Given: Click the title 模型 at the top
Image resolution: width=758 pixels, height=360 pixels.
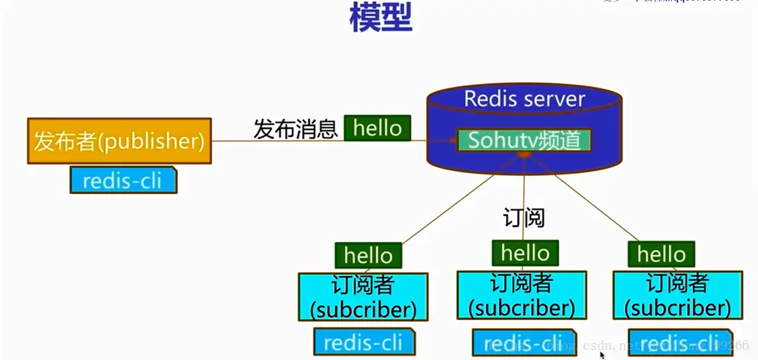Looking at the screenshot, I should point(381,17).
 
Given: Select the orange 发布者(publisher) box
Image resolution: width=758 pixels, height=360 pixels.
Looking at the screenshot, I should point(119,141).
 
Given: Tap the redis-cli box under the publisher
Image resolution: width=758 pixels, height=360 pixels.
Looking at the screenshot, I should point(123,180).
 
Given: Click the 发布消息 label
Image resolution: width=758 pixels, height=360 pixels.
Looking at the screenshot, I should point(295,129).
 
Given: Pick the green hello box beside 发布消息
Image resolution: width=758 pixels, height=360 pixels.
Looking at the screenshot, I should point(377,128).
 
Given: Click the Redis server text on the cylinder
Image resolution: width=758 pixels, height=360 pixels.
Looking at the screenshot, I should point(524,99).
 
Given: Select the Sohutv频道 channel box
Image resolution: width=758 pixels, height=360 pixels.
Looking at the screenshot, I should point(524,140).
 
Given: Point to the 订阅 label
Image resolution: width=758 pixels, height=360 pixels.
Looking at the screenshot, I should point(523,217).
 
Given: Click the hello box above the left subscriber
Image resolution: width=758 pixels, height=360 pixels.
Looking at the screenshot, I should point(368,255).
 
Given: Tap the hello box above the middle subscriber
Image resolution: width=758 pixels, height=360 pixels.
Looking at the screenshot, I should point(525,253).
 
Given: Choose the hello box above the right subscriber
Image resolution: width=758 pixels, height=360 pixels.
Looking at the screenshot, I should point(661,254).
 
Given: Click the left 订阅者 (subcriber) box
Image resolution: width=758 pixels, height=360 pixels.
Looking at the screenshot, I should point(363,296).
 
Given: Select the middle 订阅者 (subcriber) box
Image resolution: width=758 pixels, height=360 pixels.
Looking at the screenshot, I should point(521,295).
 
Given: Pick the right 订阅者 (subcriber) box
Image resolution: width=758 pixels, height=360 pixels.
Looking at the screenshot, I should point(677,295).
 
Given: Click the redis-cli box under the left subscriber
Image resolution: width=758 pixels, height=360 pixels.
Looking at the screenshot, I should point(364,341).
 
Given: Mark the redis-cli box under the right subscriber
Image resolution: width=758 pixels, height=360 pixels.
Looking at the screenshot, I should point(678,342).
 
